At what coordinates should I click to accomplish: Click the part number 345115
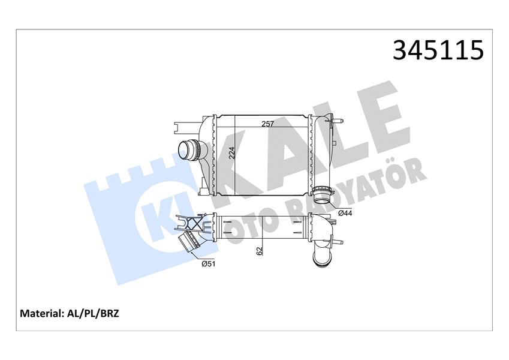438,50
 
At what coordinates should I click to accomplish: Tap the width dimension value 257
267,124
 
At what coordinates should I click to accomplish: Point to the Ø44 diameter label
345,212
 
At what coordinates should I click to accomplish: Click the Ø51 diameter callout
208,263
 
